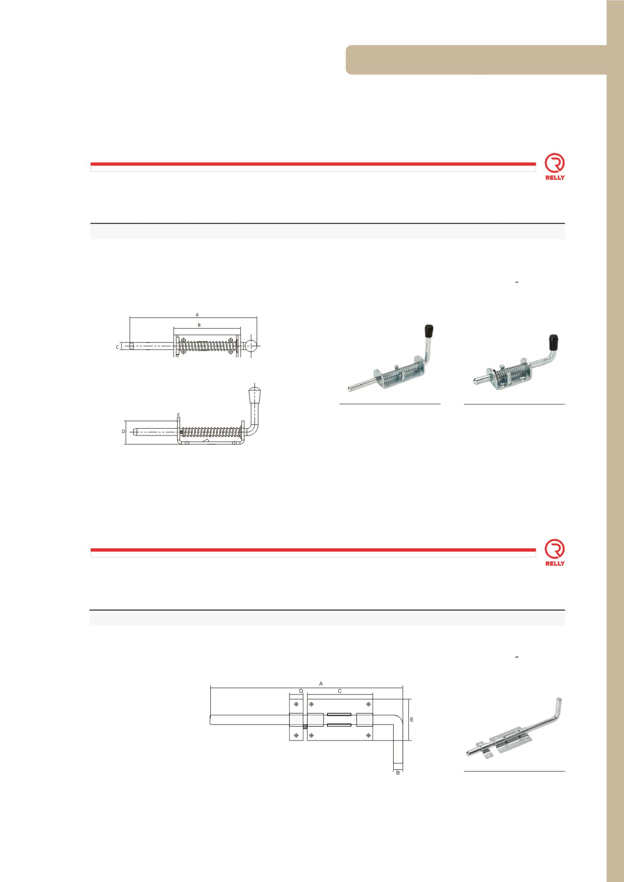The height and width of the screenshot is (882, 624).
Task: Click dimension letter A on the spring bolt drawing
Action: [x=197, y=315]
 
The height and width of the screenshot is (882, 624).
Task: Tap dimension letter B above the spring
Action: [x=199, y=325]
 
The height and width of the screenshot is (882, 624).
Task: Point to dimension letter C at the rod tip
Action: [x=118, y=346]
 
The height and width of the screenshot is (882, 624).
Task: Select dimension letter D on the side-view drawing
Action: [x=123, y=432]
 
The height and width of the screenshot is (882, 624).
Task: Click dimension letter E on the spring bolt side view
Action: [x=178, y=415]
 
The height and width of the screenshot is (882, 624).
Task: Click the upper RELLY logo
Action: [x=555, y=166]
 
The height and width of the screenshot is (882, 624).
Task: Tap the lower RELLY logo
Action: [x=555, y=553]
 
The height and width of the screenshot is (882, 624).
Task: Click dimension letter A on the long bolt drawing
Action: [x=321, y=682]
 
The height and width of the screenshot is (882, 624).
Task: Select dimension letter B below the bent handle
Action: [x=398, y=773]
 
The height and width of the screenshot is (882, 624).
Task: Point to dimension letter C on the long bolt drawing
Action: [x=340, y=691]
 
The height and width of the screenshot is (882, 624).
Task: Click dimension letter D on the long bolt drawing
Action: [x=301, y=691]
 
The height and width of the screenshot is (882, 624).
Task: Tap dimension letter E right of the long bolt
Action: [x=411, y=720]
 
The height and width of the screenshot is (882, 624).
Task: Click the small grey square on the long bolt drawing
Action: [x=305, y=727]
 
